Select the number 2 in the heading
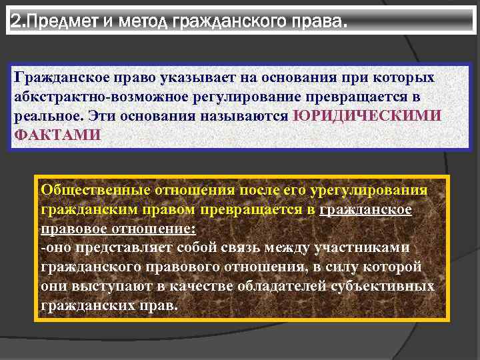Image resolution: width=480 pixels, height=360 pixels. pyautogui.click(x=16, y=24)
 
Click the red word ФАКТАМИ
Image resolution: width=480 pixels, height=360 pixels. pyautogui.click(x=57, y=133)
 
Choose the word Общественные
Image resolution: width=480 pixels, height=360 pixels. pyautogui.click(x=95, y=190)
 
